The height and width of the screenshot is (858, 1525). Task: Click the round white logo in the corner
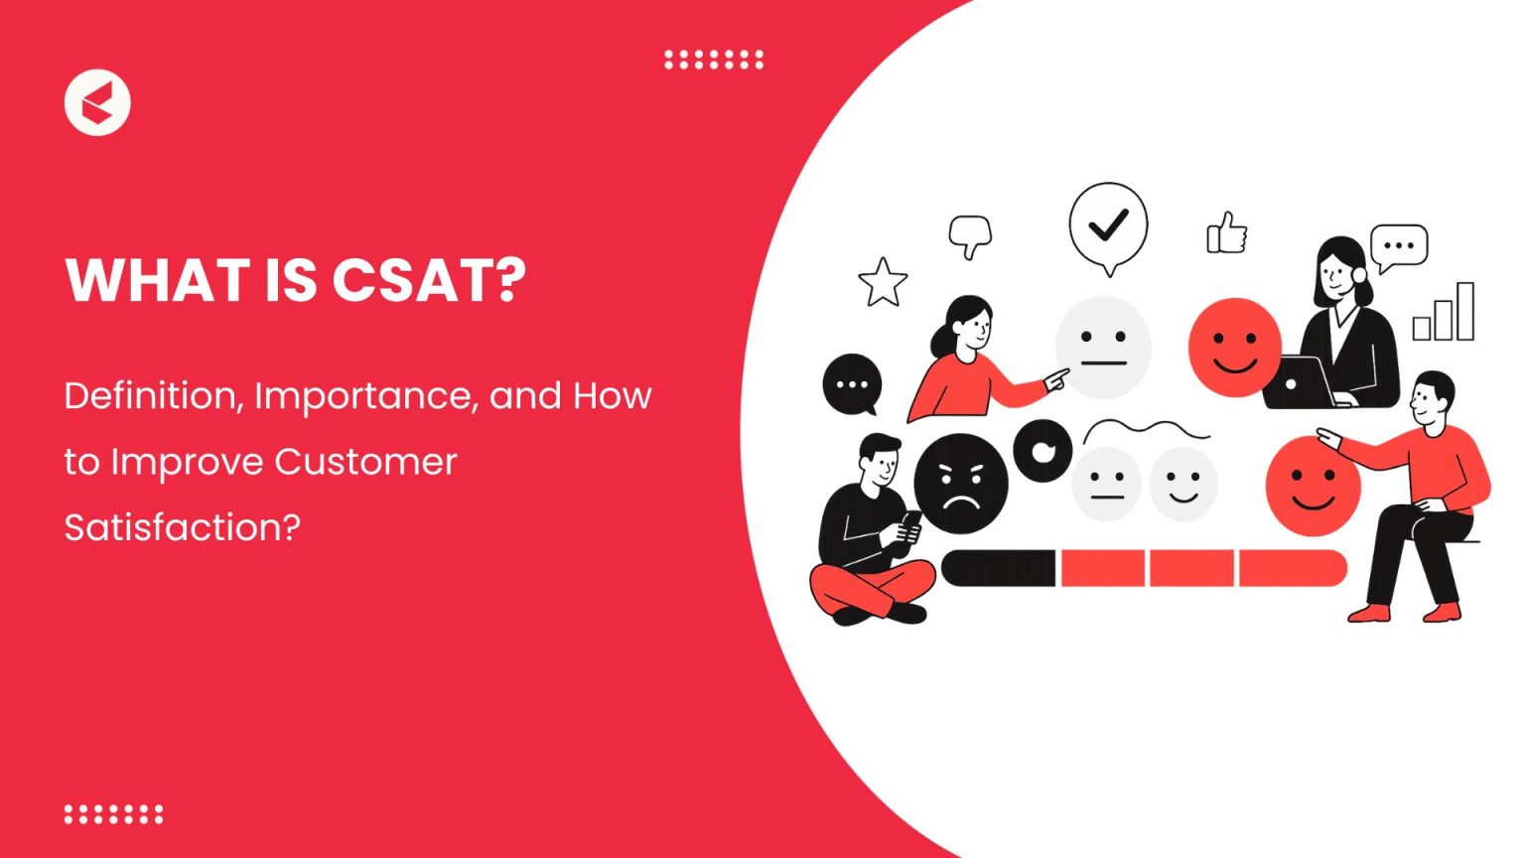coord(97,102)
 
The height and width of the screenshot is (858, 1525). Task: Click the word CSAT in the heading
coord(428,280)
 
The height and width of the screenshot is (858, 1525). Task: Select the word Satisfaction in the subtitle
coord(181,527)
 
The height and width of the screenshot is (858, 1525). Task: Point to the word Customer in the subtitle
coord(365,462)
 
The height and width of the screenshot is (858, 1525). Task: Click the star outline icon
coord(882,283)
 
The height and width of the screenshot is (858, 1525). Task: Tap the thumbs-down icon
coord(969,236)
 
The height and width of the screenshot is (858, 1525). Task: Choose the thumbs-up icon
coord(1226,234)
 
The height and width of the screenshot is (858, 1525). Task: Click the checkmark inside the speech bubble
coord(1108,224)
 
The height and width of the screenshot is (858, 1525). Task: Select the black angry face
coord(960,484)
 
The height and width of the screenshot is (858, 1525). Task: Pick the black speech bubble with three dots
coord(852,384)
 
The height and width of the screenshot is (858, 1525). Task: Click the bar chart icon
coord(1445,313)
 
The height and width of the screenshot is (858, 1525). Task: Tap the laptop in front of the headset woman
coord(1300,382)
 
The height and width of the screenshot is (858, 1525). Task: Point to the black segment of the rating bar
coord(998,569)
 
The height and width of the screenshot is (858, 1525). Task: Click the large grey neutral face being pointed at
coord(1103,347)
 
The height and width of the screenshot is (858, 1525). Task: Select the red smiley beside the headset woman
coord(1235,348)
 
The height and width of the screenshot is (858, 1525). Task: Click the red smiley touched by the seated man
coord(1313,487)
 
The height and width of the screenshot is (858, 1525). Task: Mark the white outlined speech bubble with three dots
coord(1398,245)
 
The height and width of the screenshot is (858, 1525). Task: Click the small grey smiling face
coord(1182,484)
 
